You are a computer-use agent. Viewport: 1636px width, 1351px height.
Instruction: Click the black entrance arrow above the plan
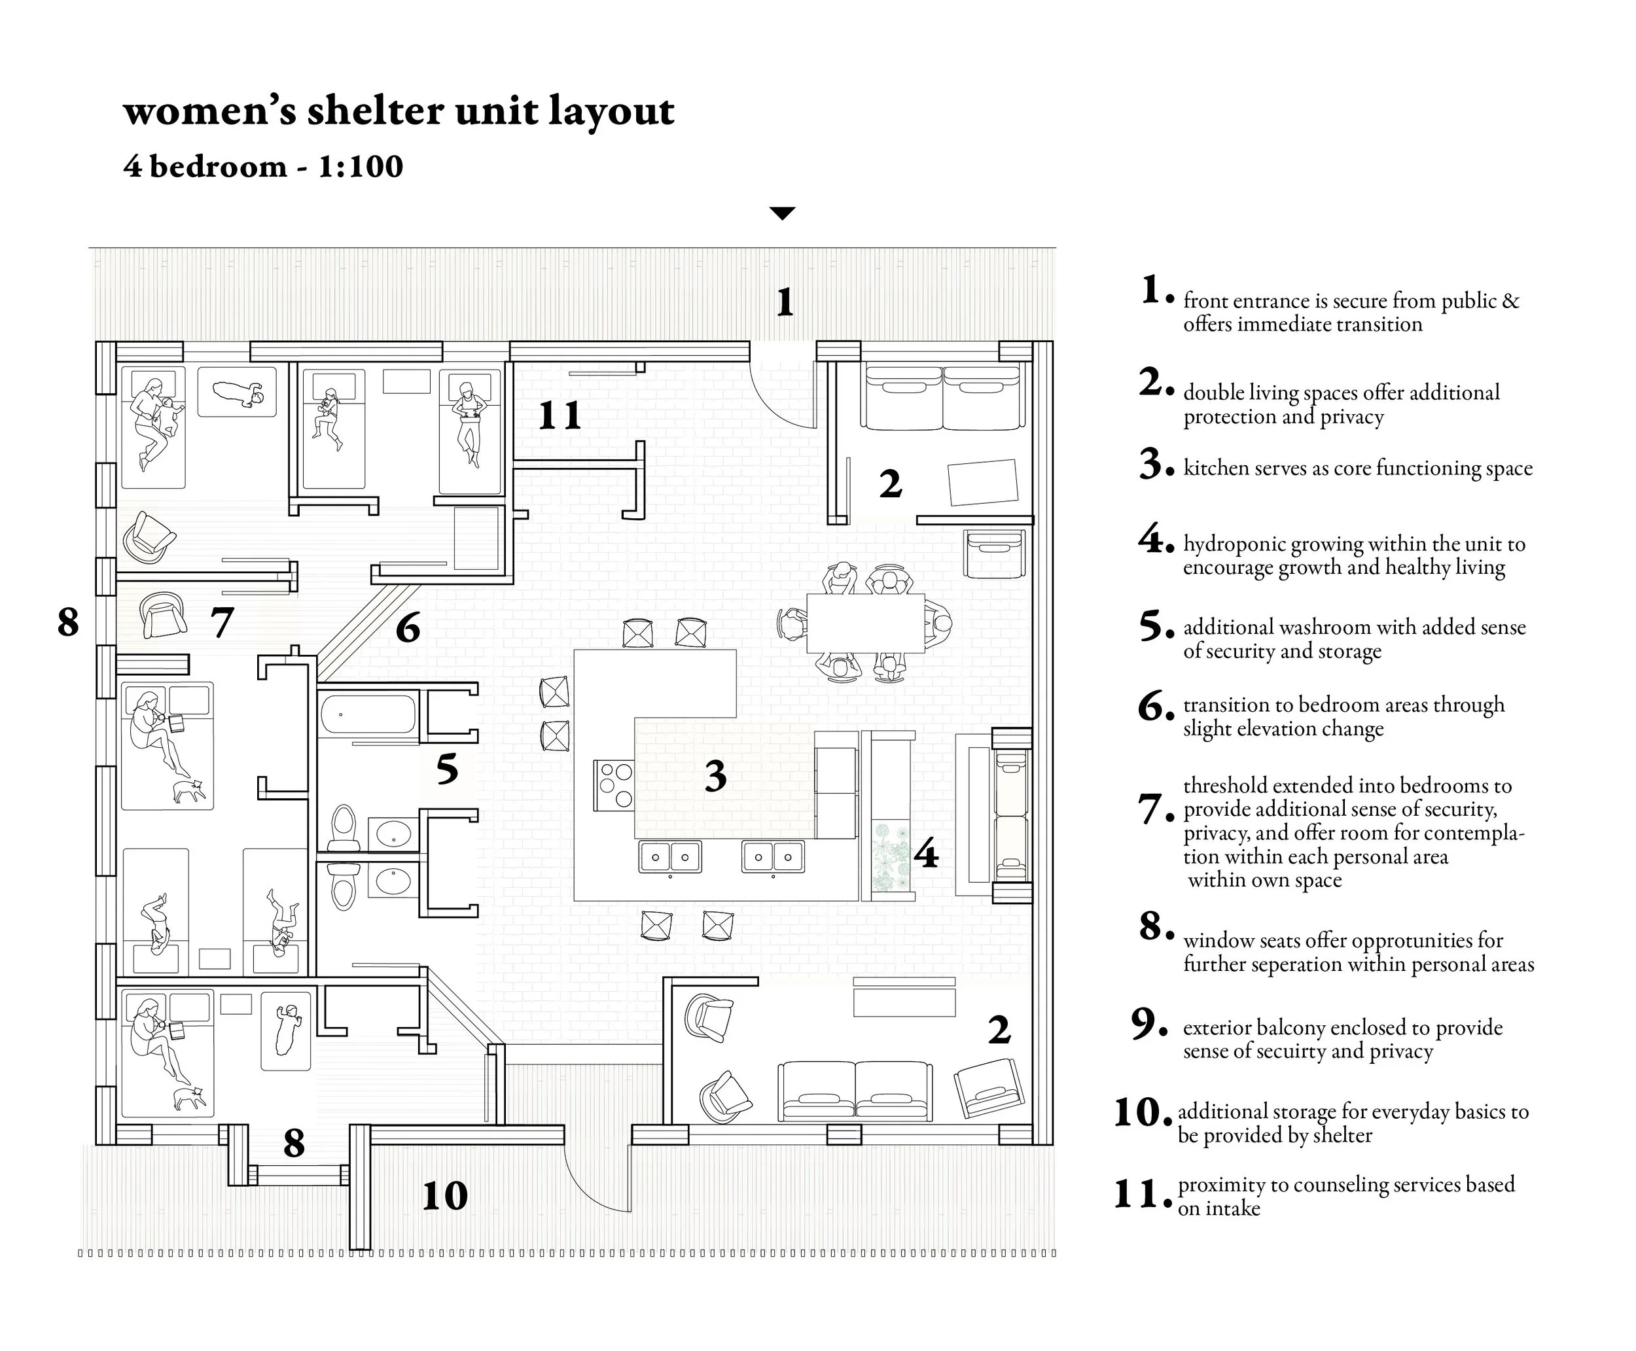(781, 213)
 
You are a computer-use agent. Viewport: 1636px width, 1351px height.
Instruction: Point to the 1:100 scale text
(361, 167)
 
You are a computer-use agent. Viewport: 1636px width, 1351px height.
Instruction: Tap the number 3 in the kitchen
(715, 775)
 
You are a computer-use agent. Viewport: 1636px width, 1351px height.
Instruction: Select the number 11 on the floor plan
(560, 415)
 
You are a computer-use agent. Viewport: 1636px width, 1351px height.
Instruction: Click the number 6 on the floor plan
(408, 628)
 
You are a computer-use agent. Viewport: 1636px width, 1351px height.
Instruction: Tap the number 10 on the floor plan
(444, 1195)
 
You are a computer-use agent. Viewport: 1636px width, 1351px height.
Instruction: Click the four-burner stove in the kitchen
(614, 784)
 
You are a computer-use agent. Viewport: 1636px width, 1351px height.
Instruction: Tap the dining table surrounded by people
(864, 623)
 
